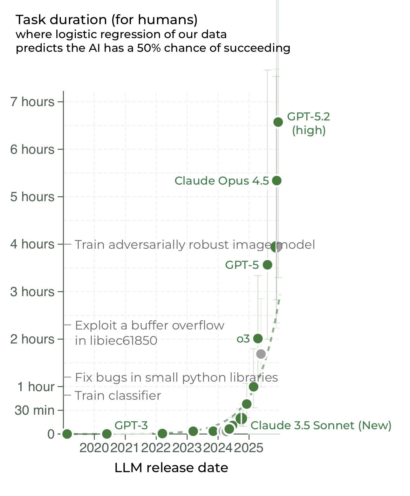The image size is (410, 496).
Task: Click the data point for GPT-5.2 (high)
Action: tap(278, 122)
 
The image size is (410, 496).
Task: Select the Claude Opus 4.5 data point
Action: tap(277, 180)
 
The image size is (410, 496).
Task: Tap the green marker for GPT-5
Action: tap(268, 265)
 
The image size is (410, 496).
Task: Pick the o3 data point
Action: tap(258, 338)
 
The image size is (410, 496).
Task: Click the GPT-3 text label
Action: tap(131, 425)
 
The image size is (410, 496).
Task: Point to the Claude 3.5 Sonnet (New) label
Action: tap(321, 425)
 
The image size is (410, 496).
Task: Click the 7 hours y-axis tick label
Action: tap(32, 102)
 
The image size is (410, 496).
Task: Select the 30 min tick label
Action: tap(34, 410)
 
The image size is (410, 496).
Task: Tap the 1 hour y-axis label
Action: tap(36, 387)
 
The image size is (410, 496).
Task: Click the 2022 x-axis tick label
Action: tap(156, 448)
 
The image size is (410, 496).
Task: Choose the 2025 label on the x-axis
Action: tap(249, 448)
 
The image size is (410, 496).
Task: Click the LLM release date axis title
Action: tap(171, 468)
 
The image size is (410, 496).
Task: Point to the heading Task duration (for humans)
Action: tap(106, 20)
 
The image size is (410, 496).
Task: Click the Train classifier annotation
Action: tap(118, 396)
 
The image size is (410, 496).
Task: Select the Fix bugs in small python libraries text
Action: tap(176, 377)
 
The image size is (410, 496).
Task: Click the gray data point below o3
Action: tap(261, 354)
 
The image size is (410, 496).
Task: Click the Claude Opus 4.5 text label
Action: tap(222, 180)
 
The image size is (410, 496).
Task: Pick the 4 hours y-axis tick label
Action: tap(32, 244)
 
